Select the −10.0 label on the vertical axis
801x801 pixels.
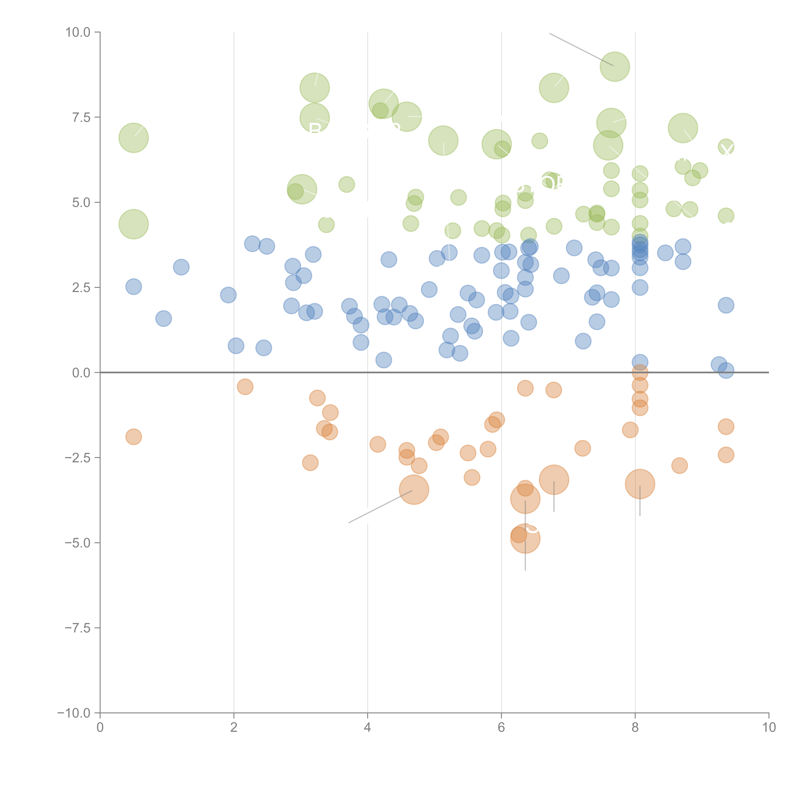(74, 713)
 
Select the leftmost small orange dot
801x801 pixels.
(133, 437)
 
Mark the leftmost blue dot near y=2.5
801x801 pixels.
(133, 286)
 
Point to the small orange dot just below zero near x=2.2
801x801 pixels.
(245, 387)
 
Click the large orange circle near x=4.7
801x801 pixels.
(414, 490)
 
